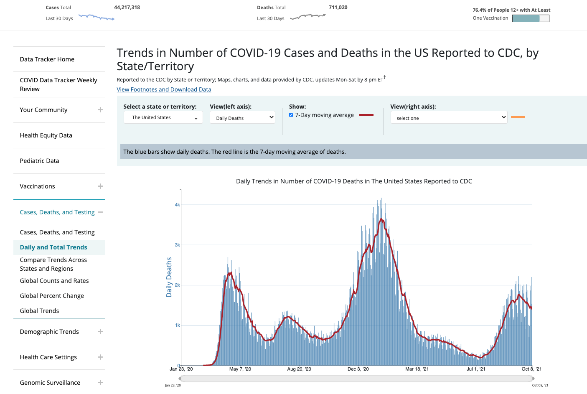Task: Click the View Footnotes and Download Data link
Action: (x=164, y=89)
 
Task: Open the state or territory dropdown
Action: (x=163, y=117)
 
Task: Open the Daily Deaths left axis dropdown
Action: (x=242, y=118)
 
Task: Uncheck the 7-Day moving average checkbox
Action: (x=291, y=115)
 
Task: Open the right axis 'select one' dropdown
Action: (x=449, y=118)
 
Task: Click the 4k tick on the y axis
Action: (x=178, y=205)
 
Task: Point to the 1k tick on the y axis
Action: (x=178, y=325)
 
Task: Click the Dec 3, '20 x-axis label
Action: (x=358, y=369)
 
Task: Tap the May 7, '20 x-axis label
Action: (x=240, y=369)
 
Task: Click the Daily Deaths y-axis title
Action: (x=169, y=277)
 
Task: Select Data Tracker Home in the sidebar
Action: (x=47, y=59)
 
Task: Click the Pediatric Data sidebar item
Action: (x=40, y=161)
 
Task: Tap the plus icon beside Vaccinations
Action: (x=100, y=186)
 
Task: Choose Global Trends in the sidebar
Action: (x=40, y=311)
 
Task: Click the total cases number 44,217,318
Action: (x=127, y=8)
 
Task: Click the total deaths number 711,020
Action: (x=338, y=8)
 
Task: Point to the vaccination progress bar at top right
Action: (x=531, y=18)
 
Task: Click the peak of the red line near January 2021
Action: (x=381, y=219)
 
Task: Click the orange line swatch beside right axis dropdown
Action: (x=518, y=117)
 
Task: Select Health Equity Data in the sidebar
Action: (x=46, y=135)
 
